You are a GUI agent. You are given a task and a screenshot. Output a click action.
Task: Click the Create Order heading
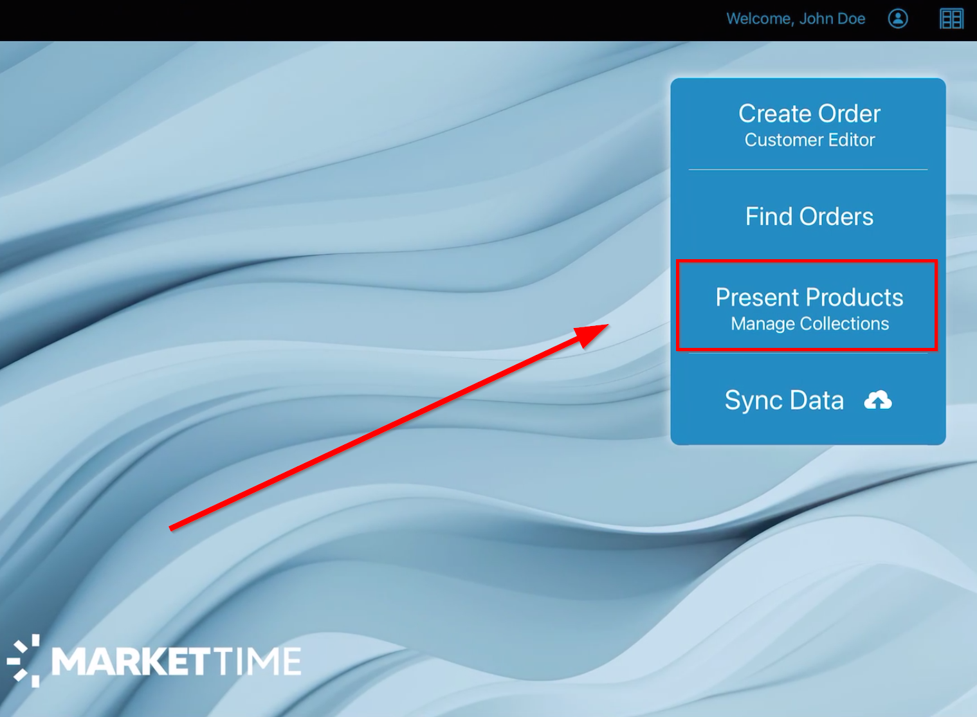[x=810, y=113]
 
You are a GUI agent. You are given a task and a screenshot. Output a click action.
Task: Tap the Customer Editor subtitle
[x=810, y=140]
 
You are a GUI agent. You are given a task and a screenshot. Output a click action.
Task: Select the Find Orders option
[x=810, y=216]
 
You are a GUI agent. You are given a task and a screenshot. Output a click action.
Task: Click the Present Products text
[x=810, y=298]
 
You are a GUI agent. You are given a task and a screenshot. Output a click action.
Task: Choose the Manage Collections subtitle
[x=810, y=324]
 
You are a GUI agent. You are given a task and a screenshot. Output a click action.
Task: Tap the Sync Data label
[x=784, y=401]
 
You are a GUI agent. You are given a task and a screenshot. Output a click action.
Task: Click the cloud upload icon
[x=878, y=400]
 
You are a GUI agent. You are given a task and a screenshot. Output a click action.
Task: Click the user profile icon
[x=898, y=19]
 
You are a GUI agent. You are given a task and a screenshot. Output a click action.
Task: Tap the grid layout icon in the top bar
[x=951, y=19]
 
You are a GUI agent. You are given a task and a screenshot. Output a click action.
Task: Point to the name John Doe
[x=832, y=19]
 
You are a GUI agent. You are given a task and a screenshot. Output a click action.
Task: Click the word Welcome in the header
[x=760, y=19]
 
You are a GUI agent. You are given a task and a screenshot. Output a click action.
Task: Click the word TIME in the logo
[x=258, y=662]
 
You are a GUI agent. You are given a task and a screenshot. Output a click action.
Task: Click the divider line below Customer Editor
[x=808, y=169]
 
